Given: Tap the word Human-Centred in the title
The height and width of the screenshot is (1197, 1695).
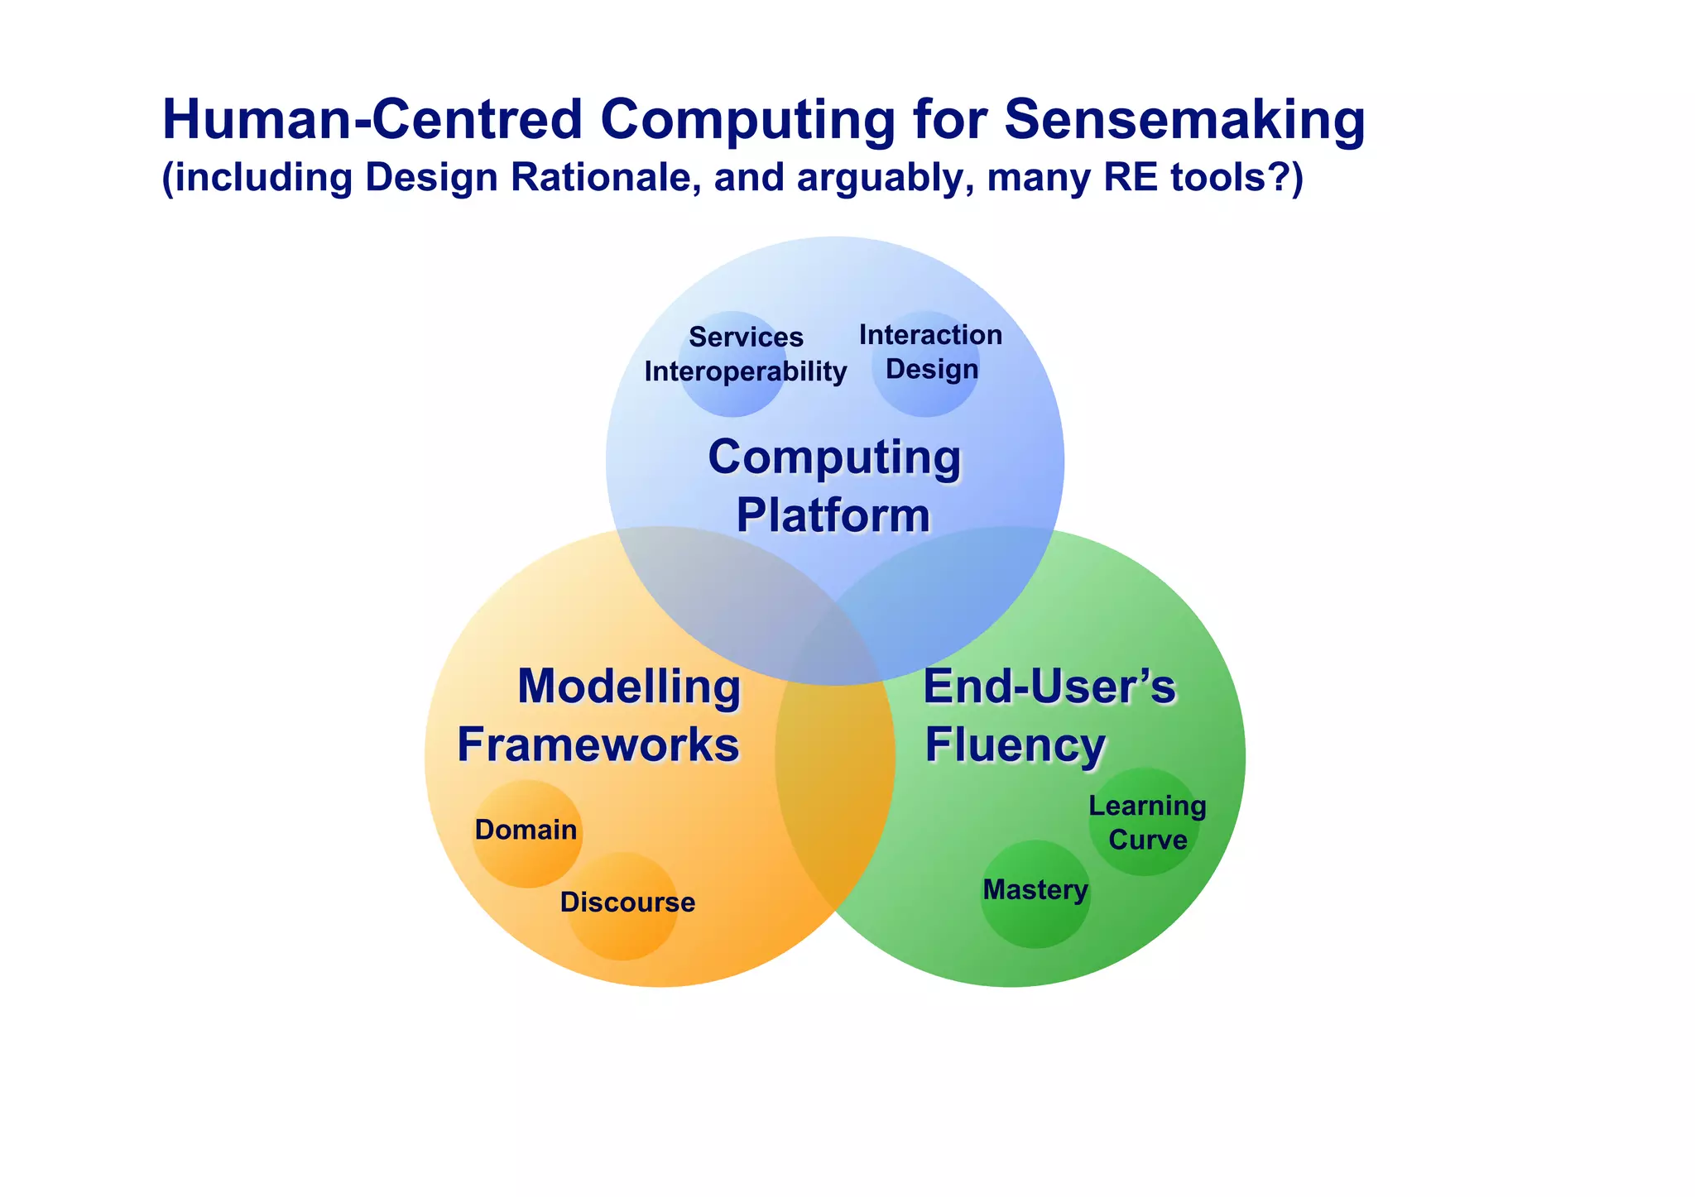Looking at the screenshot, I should tap(372, 120).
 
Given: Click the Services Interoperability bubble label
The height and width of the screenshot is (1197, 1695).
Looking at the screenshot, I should tap(745, 355).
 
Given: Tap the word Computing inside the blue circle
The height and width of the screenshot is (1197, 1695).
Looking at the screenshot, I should tap(834, 457).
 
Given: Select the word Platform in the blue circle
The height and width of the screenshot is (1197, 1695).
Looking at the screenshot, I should tap(833, 515).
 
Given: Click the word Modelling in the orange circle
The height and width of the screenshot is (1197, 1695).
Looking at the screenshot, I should tap(629, 687).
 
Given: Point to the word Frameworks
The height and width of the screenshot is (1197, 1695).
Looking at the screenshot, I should tap(598, 745).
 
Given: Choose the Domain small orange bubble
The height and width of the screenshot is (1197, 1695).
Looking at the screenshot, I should tap(526, 831).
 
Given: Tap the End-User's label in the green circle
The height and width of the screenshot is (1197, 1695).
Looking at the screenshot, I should tap(1049, 687).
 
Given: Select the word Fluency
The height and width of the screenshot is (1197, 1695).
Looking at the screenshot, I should tap(1015, 745).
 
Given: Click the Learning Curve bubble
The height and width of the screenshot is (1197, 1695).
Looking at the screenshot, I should tap(1146, 822).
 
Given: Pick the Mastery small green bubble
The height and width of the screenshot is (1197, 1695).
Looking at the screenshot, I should tap(1035, 892).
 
